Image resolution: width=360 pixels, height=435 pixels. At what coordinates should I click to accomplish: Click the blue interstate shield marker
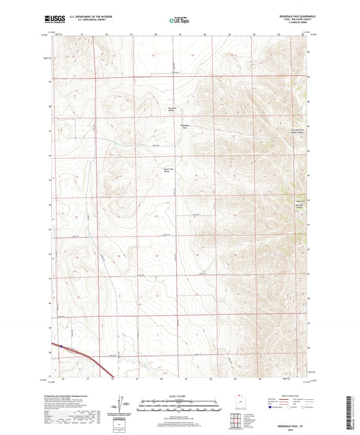[x=61, y=347]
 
